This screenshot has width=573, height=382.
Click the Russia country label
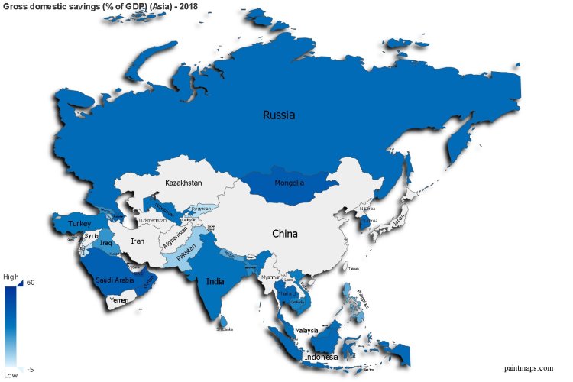coord(279,115)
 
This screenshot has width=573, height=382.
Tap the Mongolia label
coord(290,183)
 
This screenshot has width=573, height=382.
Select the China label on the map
coord(285,234)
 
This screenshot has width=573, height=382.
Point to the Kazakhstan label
coord(183,183)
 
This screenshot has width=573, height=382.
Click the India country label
coord(215,281)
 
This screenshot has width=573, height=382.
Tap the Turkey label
coord(79,224)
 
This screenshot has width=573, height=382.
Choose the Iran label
coord(138,241)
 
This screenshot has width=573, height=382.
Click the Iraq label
coord(106,243)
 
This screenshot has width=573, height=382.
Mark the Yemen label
coord(119,300)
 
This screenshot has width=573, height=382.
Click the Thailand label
coord(286,293)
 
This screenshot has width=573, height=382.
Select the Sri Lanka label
coord(224,329)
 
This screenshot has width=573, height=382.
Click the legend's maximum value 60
coord(31,283)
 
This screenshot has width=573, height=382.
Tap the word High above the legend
coord(11,277)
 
